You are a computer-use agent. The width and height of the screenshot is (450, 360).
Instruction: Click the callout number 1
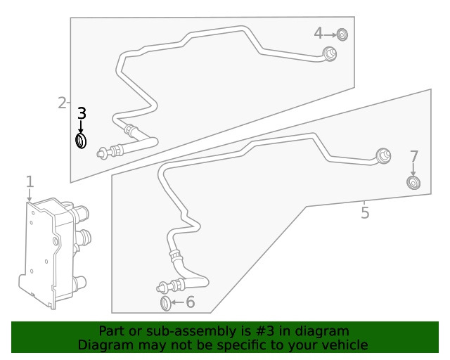tap(30, 182)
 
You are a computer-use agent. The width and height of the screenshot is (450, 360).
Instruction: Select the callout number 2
tap(62, 103)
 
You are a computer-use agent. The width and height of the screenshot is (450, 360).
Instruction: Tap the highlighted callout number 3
tap(82, 113)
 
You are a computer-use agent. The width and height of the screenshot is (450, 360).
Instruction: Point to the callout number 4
tap(319, 33)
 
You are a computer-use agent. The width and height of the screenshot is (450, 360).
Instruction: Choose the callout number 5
tap(364, 212)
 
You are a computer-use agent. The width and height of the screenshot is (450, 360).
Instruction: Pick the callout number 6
tap(190, 302)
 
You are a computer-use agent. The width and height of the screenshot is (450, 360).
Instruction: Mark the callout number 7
tap(413, 156)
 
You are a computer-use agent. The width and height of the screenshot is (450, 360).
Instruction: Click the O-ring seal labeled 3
tap(81, 141)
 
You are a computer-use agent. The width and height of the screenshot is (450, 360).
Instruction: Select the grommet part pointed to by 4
tap(342, 34)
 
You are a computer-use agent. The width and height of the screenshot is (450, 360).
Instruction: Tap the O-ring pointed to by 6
tap(166, 303)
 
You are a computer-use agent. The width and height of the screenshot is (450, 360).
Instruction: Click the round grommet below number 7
tap(413, 184)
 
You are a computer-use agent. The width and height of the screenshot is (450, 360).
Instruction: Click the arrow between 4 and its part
tap(330, 34)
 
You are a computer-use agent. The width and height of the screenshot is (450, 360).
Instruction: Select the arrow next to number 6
tap(177, 303)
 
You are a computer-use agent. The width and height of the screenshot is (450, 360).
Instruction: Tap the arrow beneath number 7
tap(413, 170)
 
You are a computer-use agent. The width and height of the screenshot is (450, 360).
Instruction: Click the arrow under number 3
tap(81, 127)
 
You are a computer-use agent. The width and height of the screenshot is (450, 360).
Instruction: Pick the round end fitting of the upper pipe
tap(329, 53)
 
